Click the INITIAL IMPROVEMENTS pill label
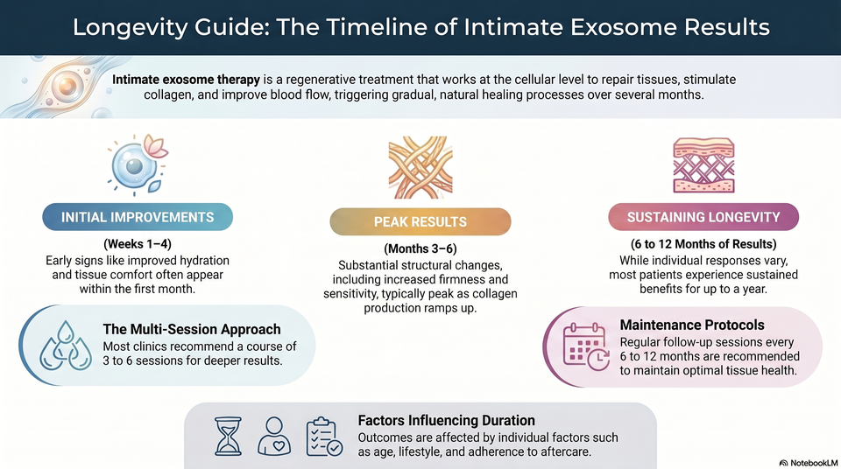coord(138,217)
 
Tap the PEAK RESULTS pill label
coord(420,222)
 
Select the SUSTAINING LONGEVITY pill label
coord(703,217)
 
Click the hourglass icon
coord(228,437)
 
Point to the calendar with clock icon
coord(586,346)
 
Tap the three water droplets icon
coord(66,346)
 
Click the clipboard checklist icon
coord(324,437)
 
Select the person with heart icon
coord(274,437)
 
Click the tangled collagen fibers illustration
coord(420,167)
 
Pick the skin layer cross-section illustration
coord(703,165)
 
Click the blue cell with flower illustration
coord(138,163)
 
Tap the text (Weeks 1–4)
coord(138,244)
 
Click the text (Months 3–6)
coord(420,248)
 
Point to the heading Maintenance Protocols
coord(692,325)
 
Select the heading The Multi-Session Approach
coord(192,329)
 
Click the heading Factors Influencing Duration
coord(446,420)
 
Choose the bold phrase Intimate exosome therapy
coord(186,80)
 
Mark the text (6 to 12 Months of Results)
coord(703,244)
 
